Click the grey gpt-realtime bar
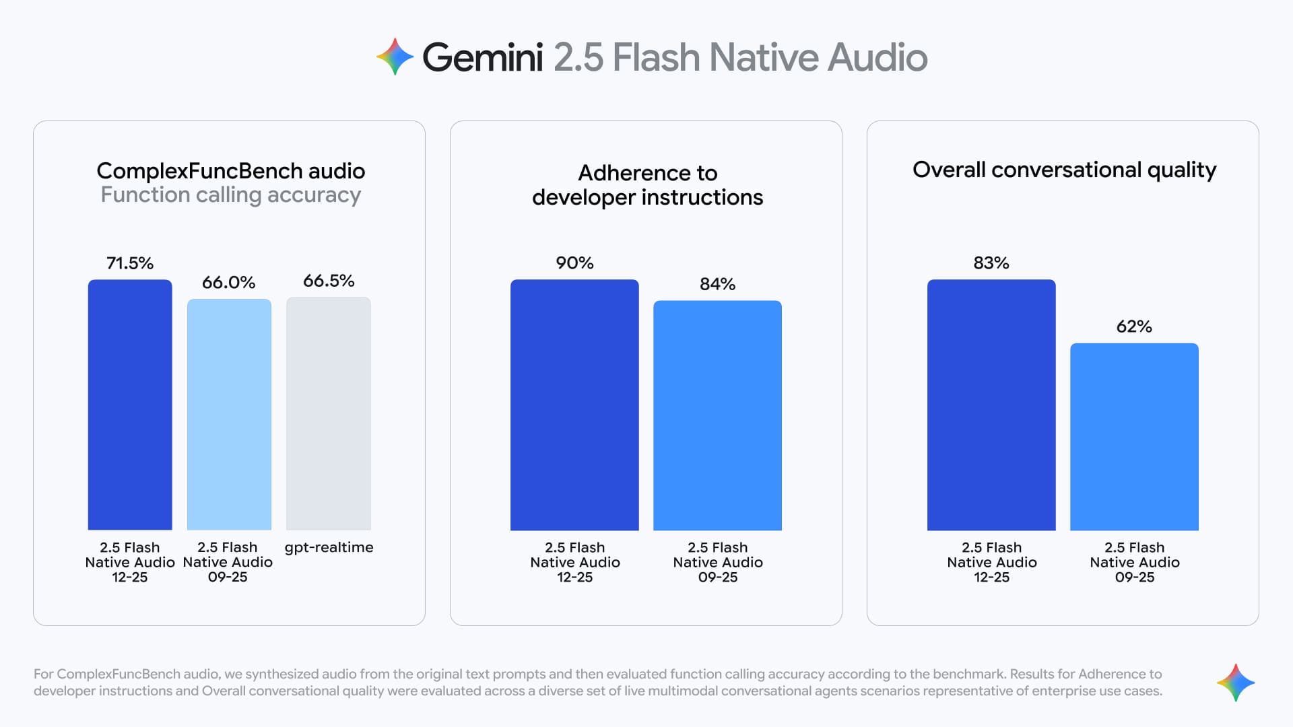click(329, 413)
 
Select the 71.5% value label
click(130, 263)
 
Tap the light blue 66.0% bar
click(229, 414)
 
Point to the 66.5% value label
click(329, 281)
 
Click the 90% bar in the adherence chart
click(574, 405)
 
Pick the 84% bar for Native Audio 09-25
click(717, 415)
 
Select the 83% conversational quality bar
click(991, 405)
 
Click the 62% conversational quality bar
click(1134, 437)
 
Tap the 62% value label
click(1134, 326)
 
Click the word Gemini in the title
click(482, 57)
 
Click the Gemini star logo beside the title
click(395, 57)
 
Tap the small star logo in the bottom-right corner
click(1236, 683)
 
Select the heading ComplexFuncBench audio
click(230, 171)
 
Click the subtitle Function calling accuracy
click(230, 195)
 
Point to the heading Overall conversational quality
click(1064, 170)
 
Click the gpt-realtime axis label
click(329, 547)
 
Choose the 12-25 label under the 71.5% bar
click(129, 577)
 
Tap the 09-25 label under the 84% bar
click(717, 577)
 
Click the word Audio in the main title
click(877, 57)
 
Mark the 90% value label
click(574, 263)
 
